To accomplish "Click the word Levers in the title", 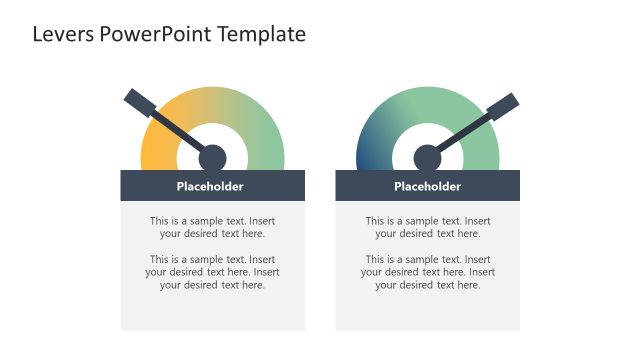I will [x=64, y=34].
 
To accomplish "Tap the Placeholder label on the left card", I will [x=210, y=186].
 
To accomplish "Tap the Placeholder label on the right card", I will [x=427, y=186].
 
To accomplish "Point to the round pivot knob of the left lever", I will [x=212, y=158].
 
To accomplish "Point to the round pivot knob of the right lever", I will [x=427, y=158].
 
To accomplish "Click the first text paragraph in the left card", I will [x=212, y=227].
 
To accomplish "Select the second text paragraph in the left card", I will [x=212, y=272].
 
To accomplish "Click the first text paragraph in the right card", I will [x=427, y=227].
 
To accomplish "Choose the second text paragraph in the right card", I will [x=427, y=272].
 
